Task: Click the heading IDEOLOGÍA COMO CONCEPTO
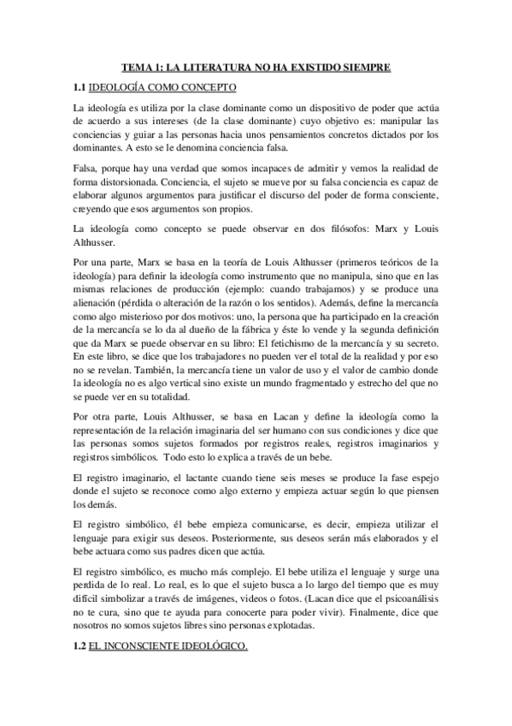[x=164, y=88]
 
